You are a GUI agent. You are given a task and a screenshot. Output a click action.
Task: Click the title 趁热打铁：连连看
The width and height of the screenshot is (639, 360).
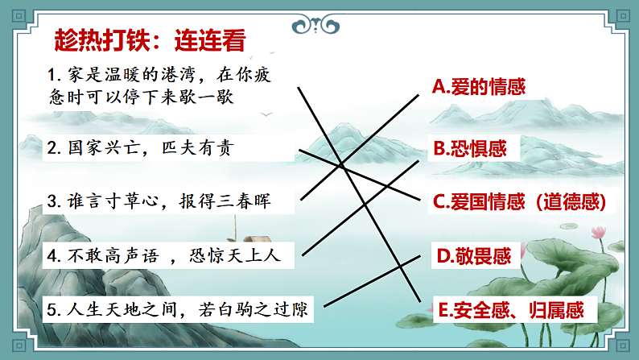pyautogui.click(x=150, y=39)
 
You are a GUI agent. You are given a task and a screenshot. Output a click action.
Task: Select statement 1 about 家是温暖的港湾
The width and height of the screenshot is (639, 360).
pyautogui.click(x=161, y=85)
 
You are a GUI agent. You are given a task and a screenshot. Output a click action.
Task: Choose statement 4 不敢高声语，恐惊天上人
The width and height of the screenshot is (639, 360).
pyautogui.click(x=161, y=257)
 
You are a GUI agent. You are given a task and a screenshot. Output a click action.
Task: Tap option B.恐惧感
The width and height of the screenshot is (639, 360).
pyautogui.click(x=471, y=149)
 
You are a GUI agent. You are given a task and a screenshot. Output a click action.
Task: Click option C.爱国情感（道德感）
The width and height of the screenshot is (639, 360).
pyautogui.click(x=519, y=201)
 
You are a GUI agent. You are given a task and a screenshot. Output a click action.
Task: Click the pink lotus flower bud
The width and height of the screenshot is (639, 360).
pyautogui.click(x=599, y=232)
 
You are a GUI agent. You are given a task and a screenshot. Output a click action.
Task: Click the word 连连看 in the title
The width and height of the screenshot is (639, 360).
pyautogui.click(x=212, y=39)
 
